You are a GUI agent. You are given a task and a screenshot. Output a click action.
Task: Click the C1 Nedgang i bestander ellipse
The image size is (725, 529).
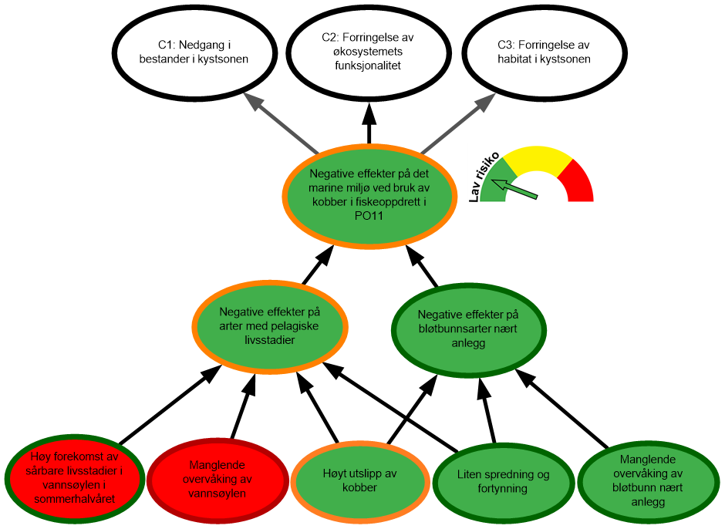coord(194,52)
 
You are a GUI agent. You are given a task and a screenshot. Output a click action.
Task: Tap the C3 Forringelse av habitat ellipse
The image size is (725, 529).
coord(544,52)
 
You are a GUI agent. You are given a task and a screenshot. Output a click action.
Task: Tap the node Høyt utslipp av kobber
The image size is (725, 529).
coord(360,480)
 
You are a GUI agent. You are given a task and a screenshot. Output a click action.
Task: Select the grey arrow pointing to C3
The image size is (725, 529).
coord(458,123)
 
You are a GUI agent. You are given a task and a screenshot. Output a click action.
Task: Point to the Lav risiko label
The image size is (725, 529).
coord(483,176)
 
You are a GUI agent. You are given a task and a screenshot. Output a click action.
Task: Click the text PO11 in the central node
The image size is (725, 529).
coord(368,217)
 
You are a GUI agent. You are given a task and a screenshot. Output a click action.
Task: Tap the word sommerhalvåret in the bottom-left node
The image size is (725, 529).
coord(74,500)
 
